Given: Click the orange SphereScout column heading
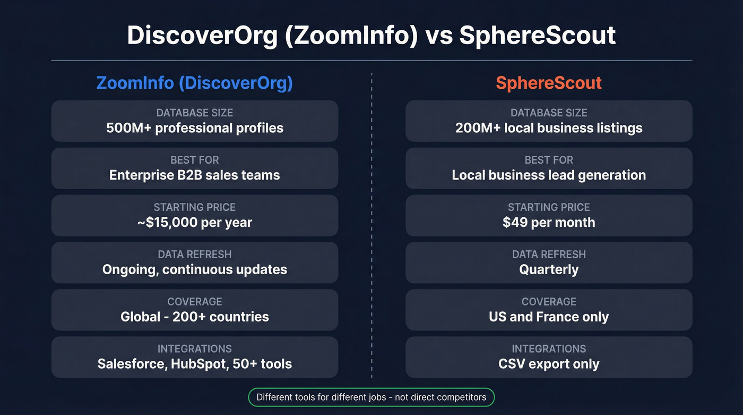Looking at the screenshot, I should (549, 83).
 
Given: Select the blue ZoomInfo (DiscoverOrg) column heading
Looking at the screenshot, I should (194, 83).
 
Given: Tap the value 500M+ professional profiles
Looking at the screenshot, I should (194, 128).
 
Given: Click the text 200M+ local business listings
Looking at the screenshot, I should (549, 128).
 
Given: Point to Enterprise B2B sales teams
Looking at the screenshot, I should (194, 175).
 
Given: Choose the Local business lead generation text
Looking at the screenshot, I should (549, 175).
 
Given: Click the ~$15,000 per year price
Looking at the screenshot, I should (194, 223).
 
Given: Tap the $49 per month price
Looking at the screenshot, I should (549, 223).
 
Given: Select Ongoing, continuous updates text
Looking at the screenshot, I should (194, 269).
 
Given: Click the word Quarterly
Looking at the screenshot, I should (549, 269).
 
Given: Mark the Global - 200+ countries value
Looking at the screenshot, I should (194, 317).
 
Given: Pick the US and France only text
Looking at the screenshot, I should (549, 317).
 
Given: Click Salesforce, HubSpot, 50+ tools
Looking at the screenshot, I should (194, 364).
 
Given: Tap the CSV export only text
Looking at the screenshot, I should (549, 364).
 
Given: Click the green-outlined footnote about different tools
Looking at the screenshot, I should (371, 397).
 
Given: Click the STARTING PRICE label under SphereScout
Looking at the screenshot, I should (549, 207).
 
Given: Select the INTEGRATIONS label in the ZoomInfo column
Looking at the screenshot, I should (194, 349).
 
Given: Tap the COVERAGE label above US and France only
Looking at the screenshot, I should (549, 302).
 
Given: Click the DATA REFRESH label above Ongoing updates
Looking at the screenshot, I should (194, 255).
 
